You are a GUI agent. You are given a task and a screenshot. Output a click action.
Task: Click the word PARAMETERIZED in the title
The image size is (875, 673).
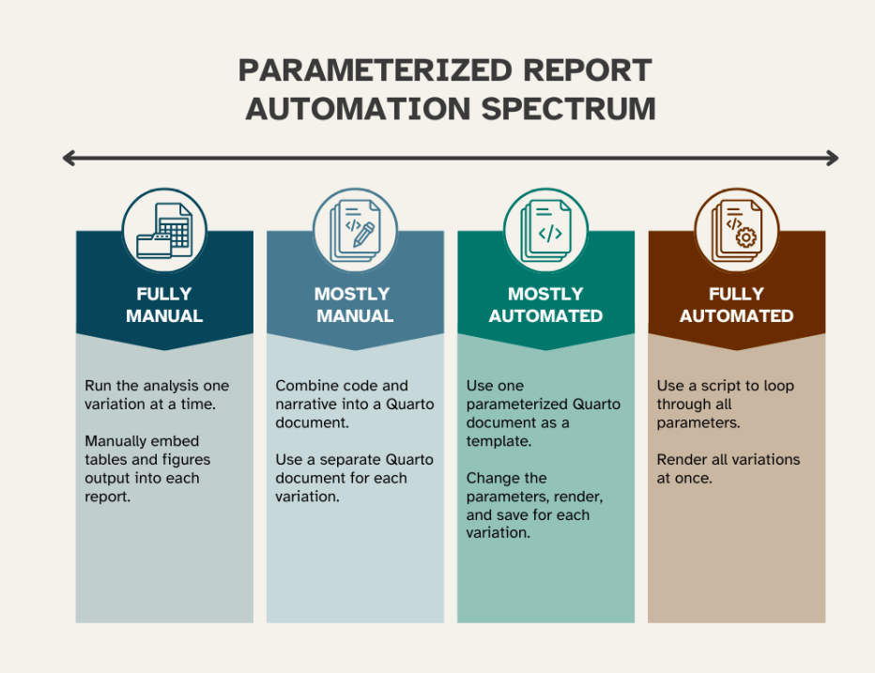pyautogui.click(x=375, y=70)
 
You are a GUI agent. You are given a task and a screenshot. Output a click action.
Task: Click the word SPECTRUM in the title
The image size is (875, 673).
pyautogui.click(x=568, y=108)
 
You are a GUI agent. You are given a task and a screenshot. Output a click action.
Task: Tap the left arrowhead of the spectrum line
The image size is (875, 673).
pyautogui.click(x=69, y=158)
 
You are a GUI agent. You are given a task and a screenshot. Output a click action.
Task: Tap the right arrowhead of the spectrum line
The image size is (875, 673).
pyautogui.click(x=833, y=158)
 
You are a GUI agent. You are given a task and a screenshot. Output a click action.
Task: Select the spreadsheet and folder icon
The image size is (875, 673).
pyautogui.click(x=164, y=230)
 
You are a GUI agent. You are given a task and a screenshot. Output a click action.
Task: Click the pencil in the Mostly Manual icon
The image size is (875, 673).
pyautogui.click(x=363, y=235)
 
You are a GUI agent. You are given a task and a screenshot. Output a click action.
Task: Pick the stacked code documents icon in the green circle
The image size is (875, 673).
pyautogui.click(x=545, y=231)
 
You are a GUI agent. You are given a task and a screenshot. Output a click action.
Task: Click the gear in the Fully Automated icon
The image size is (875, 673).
pyautogui.click(x=746, y=238)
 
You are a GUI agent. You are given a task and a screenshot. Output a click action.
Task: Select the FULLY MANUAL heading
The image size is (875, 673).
pyautogui.click(x=164, y=305)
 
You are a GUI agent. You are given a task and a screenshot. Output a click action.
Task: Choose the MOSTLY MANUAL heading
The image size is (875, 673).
pyautogui.click(x=354, y=305)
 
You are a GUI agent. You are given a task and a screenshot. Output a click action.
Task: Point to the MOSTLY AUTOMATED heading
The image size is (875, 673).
pyautogui.click(x=545, y=305)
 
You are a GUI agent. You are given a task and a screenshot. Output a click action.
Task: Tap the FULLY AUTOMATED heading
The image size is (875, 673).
pyautogui.click(x=737, y=305)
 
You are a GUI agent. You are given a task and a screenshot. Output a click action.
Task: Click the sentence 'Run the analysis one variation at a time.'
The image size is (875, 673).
pyautogui.click(x=157, y=394)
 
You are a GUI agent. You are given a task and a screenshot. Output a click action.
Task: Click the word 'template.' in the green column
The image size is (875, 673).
pyautogui.click(x=499, y=441)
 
